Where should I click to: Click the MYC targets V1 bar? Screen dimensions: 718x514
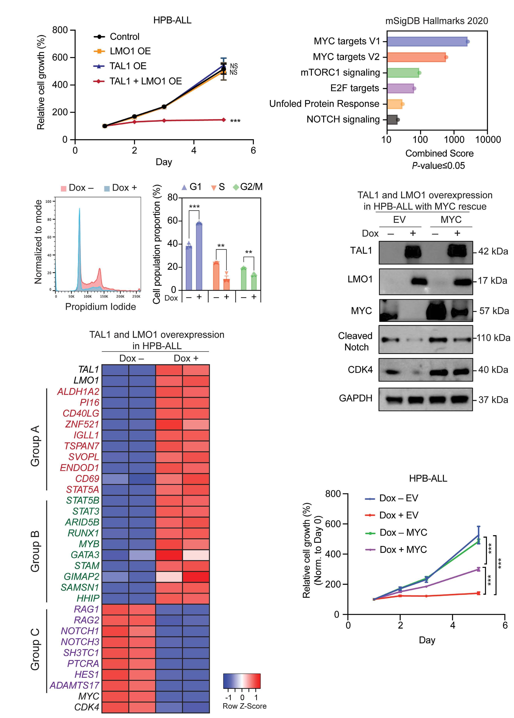427,41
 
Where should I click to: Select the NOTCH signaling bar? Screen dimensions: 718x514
392,120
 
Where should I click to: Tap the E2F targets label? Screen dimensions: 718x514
354,88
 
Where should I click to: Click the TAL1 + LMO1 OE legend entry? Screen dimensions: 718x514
145,81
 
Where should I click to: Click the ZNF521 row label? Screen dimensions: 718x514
82,424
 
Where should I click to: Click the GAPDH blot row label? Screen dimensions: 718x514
356,398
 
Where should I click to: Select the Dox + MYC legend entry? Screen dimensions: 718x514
403,550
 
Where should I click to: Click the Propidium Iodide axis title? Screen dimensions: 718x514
100,307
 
